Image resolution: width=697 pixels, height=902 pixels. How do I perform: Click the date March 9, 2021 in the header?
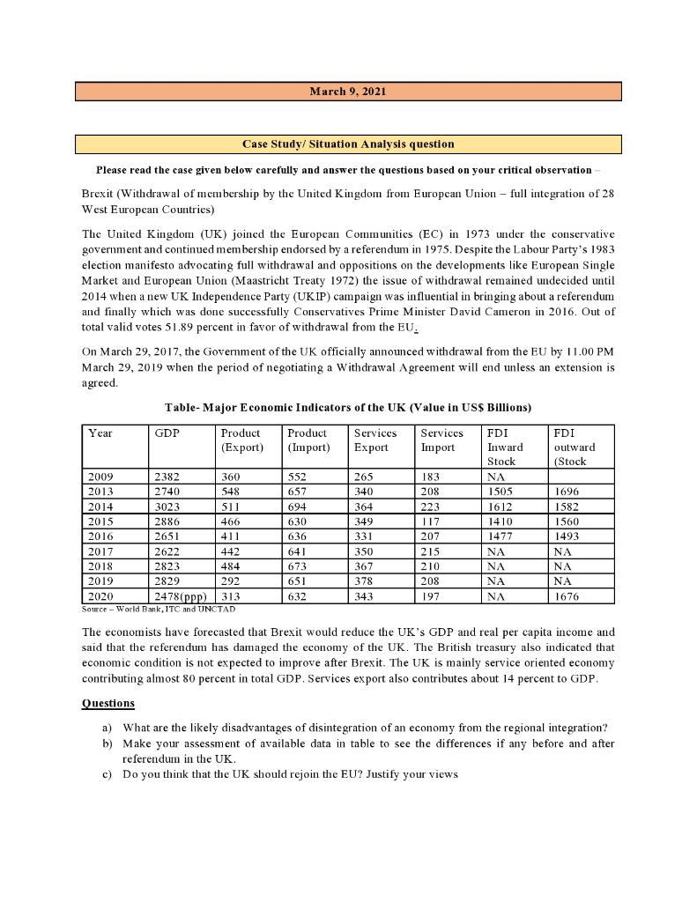tap(348, 92)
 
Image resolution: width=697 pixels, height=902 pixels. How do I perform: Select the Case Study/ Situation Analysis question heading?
tap(348, 144)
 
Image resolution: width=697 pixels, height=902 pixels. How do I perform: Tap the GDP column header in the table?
tap(167, 433)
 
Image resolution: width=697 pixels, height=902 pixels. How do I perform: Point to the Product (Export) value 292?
tap(232, 581)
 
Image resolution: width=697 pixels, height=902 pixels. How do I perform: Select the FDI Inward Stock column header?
tap(505, 447)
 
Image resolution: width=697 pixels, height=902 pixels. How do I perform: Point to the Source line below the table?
tap(159, 609)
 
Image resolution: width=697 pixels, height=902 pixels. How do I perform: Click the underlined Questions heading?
tap(108, 703)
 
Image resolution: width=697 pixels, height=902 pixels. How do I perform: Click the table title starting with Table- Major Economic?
tap(348, 407)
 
